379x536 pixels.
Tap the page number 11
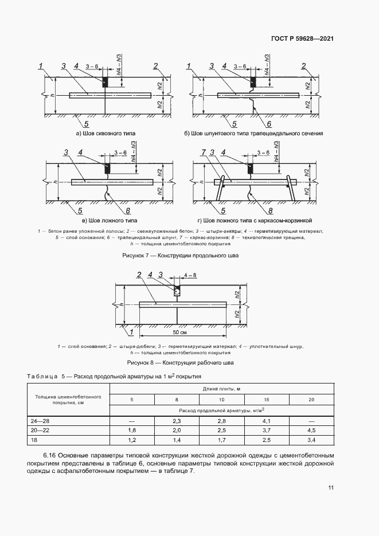click(x=331, y=488)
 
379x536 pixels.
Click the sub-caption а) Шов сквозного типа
click(x=106, y=133)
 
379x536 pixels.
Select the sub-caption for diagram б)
click(x=254, y=133)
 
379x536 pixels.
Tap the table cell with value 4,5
click(x=311, y=429)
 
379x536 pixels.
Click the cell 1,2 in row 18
click(x=132, y=439)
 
